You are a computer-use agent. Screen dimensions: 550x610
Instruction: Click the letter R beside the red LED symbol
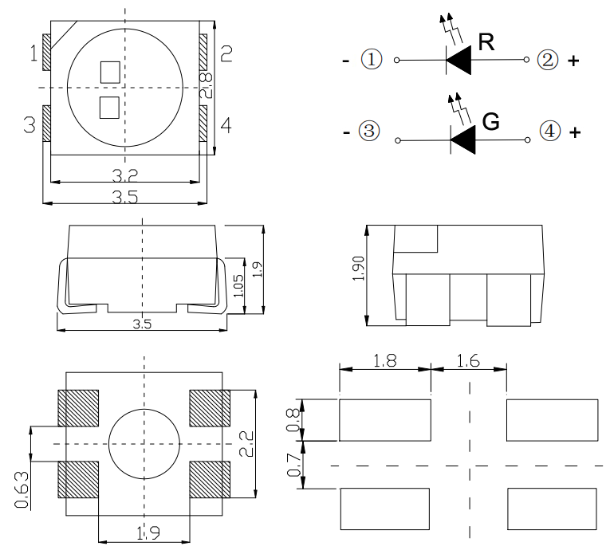pyautogui.click(x=486, y=43)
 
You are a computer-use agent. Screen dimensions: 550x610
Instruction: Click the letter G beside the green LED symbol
pyautogui.click(x=491, y=122)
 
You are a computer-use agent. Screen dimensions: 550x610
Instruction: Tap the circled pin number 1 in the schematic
pyautogui.click(x=372, y=60)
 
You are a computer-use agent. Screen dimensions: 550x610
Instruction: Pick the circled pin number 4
pyautogui.click(x=549, y=132)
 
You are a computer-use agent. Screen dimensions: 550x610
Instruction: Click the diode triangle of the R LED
pyautogui.click(x=459, y=61)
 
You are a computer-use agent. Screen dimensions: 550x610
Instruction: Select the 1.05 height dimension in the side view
pyautogui.click(x=238, y=287)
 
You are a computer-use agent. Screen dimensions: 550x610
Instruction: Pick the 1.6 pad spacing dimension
pyautogui.click(x=468, y=360)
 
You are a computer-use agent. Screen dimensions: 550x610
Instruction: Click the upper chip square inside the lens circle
pyautogui.click(x=109, y=73)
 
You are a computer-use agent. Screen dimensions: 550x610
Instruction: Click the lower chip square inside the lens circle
pyautogui.click(x=108, y=107)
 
